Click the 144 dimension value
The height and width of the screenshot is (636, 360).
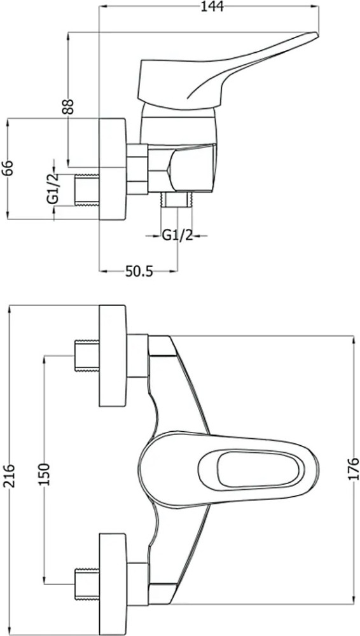212,7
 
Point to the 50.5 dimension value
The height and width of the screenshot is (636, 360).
139,272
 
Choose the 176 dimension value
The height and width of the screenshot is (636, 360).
354,469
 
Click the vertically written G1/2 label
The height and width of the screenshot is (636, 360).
53,189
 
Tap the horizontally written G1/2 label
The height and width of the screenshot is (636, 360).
177,235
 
